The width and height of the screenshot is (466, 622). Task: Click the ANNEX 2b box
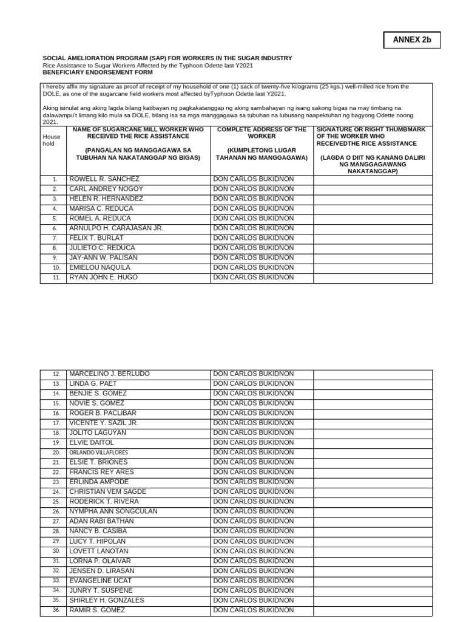pos(412,40)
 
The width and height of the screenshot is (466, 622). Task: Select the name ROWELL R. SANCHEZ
pos(104,179)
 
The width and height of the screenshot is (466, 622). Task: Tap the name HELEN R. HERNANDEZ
pos(106,199)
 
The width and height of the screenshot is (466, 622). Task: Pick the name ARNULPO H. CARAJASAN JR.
pos(116,228)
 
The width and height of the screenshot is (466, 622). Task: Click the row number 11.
pos(55,278)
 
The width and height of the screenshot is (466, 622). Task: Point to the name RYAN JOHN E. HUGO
pos(104,278)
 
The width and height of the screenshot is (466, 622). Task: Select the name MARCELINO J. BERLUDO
pos(109,374)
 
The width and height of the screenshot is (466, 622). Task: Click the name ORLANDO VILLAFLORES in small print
pos(98,453)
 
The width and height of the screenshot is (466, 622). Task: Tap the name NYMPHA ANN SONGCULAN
pos(113,511)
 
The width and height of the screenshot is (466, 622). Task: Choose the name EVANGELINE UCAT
pos(100,581)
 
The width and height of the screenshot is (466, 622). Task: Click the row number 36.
pos(56,610)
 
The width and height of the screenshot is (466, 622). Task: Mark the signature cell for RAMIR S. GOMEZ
pos(373,610)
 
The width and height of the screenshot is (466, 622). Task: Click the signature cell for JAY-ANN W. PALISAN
pos(373,258)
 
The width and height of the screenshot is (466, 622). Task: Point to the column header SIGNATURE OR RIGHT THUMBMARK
pos(373,136)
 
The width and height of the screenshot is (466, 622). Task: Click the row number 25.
pos(56,502)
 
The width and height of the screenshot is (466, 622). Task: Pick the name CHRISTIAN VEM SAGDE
pos(107,492)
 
